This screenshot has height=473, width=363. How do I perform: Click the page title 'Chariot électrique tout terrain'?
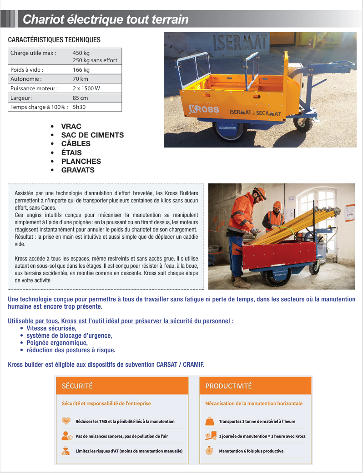106,20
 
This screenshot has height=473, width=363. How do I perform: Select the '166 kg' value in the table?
81,69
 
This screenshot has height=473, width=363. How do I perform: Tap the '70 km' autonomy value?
81,79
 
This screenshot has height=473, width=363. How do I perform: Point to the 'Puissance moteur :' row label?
34,89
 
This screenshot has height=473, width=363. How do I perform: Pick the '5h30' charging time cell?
79,107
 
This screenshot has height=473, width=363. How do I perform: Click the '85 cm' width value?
81,98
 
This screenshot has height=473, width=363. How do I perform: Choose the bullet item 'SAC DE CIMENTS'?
92,135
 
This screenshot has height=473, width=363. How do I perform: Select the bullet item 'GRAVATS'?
78,170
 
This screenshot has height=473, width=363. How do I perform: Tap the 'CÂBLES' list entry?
76,143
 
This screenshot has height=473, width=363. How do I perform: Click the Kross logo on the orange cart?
203,109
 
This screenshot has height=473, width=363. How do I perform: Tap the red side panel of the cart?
280,257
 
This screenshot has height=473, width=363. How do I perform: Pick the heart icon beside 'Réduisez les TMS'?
66,421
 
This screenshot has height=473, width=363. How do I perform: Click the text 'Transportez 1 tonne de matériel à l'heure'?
257,421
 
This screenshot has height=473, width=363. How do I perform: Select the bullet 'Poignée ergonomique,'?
57,343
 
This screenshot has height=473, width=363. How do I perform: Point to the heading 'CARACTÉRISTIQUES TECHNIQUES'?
54,40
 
